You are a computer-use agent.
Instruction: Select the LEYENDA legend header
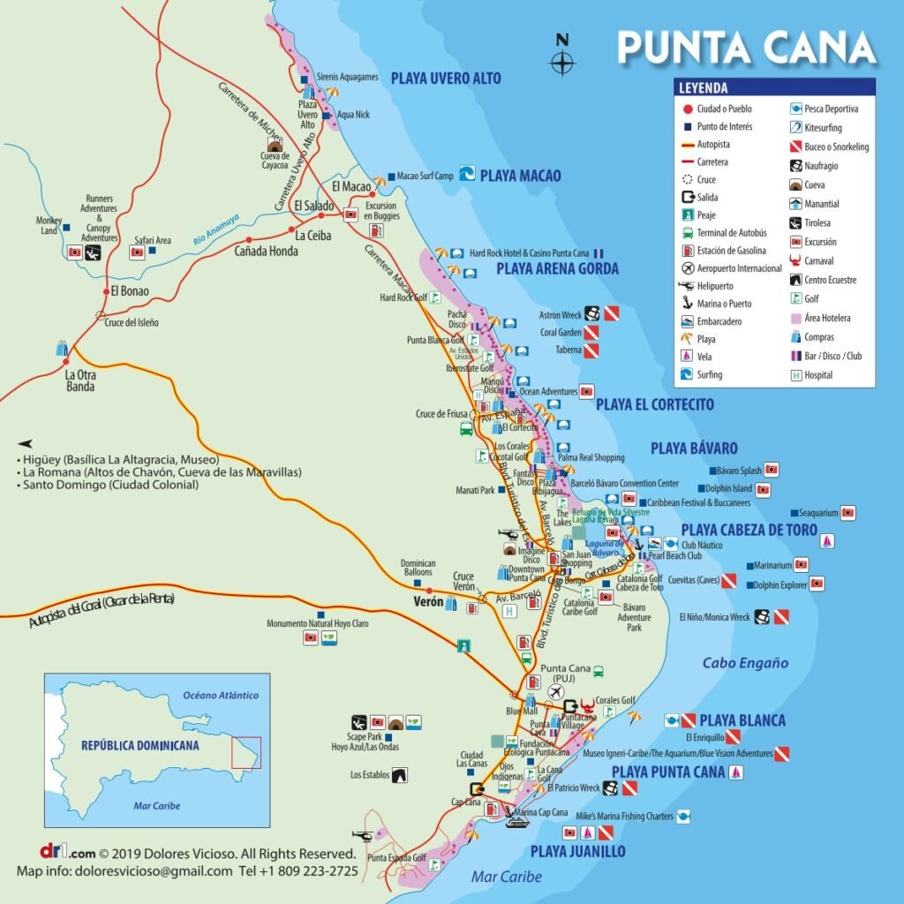[x=704, y=88]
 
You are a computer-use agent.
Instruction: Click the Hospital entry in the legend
[x=817, y=375]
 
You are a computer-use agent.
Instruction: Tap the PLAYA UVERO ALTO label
[x=446, y=79]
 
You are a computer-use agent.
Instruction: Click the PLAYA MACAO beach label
[x=520, y=176]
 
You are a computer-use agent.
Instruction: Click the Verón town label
[x=427, y=604]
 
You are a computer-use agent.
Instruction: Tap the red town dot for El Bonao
[x=105, y=290]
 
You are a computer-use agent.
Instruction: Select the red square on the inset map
[x=246, y=752]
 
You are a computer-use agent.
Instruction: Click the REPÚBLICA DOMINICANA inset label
[x=139, y=745]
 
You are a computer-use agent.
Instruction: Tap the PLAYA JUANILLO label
[x=577, y=851]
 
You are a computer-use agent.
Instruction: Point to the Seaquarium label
[x=817, y=512]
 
